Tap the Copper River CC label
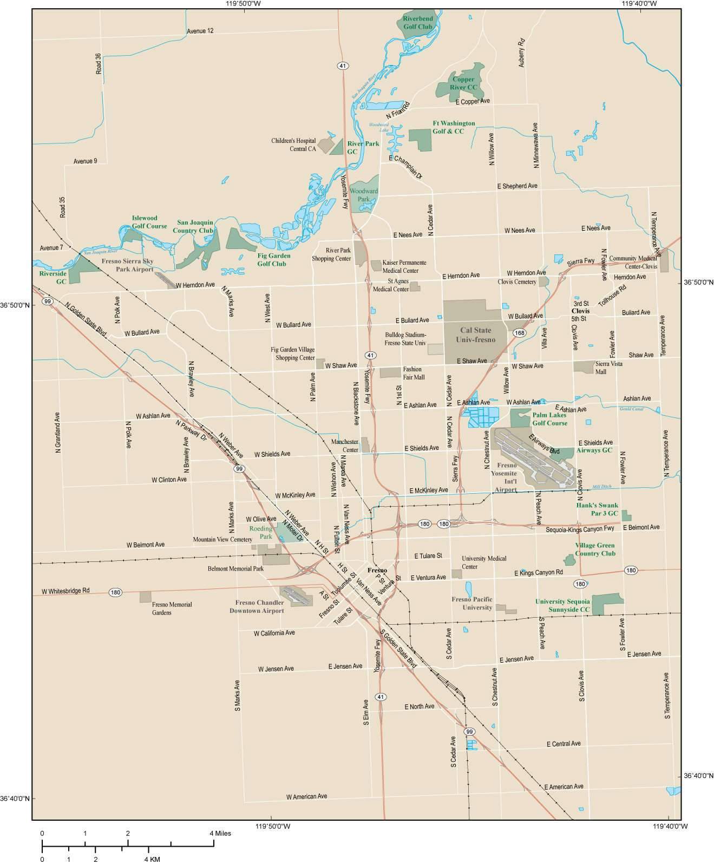(x=463, y=83)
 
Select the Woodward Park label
(x=363, y=195)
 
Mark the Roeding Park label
(x=260, y=532)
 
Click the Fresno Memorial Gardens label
(x=172, y=608)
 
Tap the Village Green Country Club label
(x=595, y=549)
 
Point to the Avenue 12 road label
(x=200, y=31)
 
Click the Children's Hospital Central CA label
(x=293, y=145)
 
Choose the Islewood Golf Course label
(x=149, y=222)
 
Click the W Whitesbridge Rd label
(x=65, y=591)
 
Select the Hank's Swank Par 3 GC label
(x=596, y=508)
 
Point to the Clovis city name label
(x=580, y=311)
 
